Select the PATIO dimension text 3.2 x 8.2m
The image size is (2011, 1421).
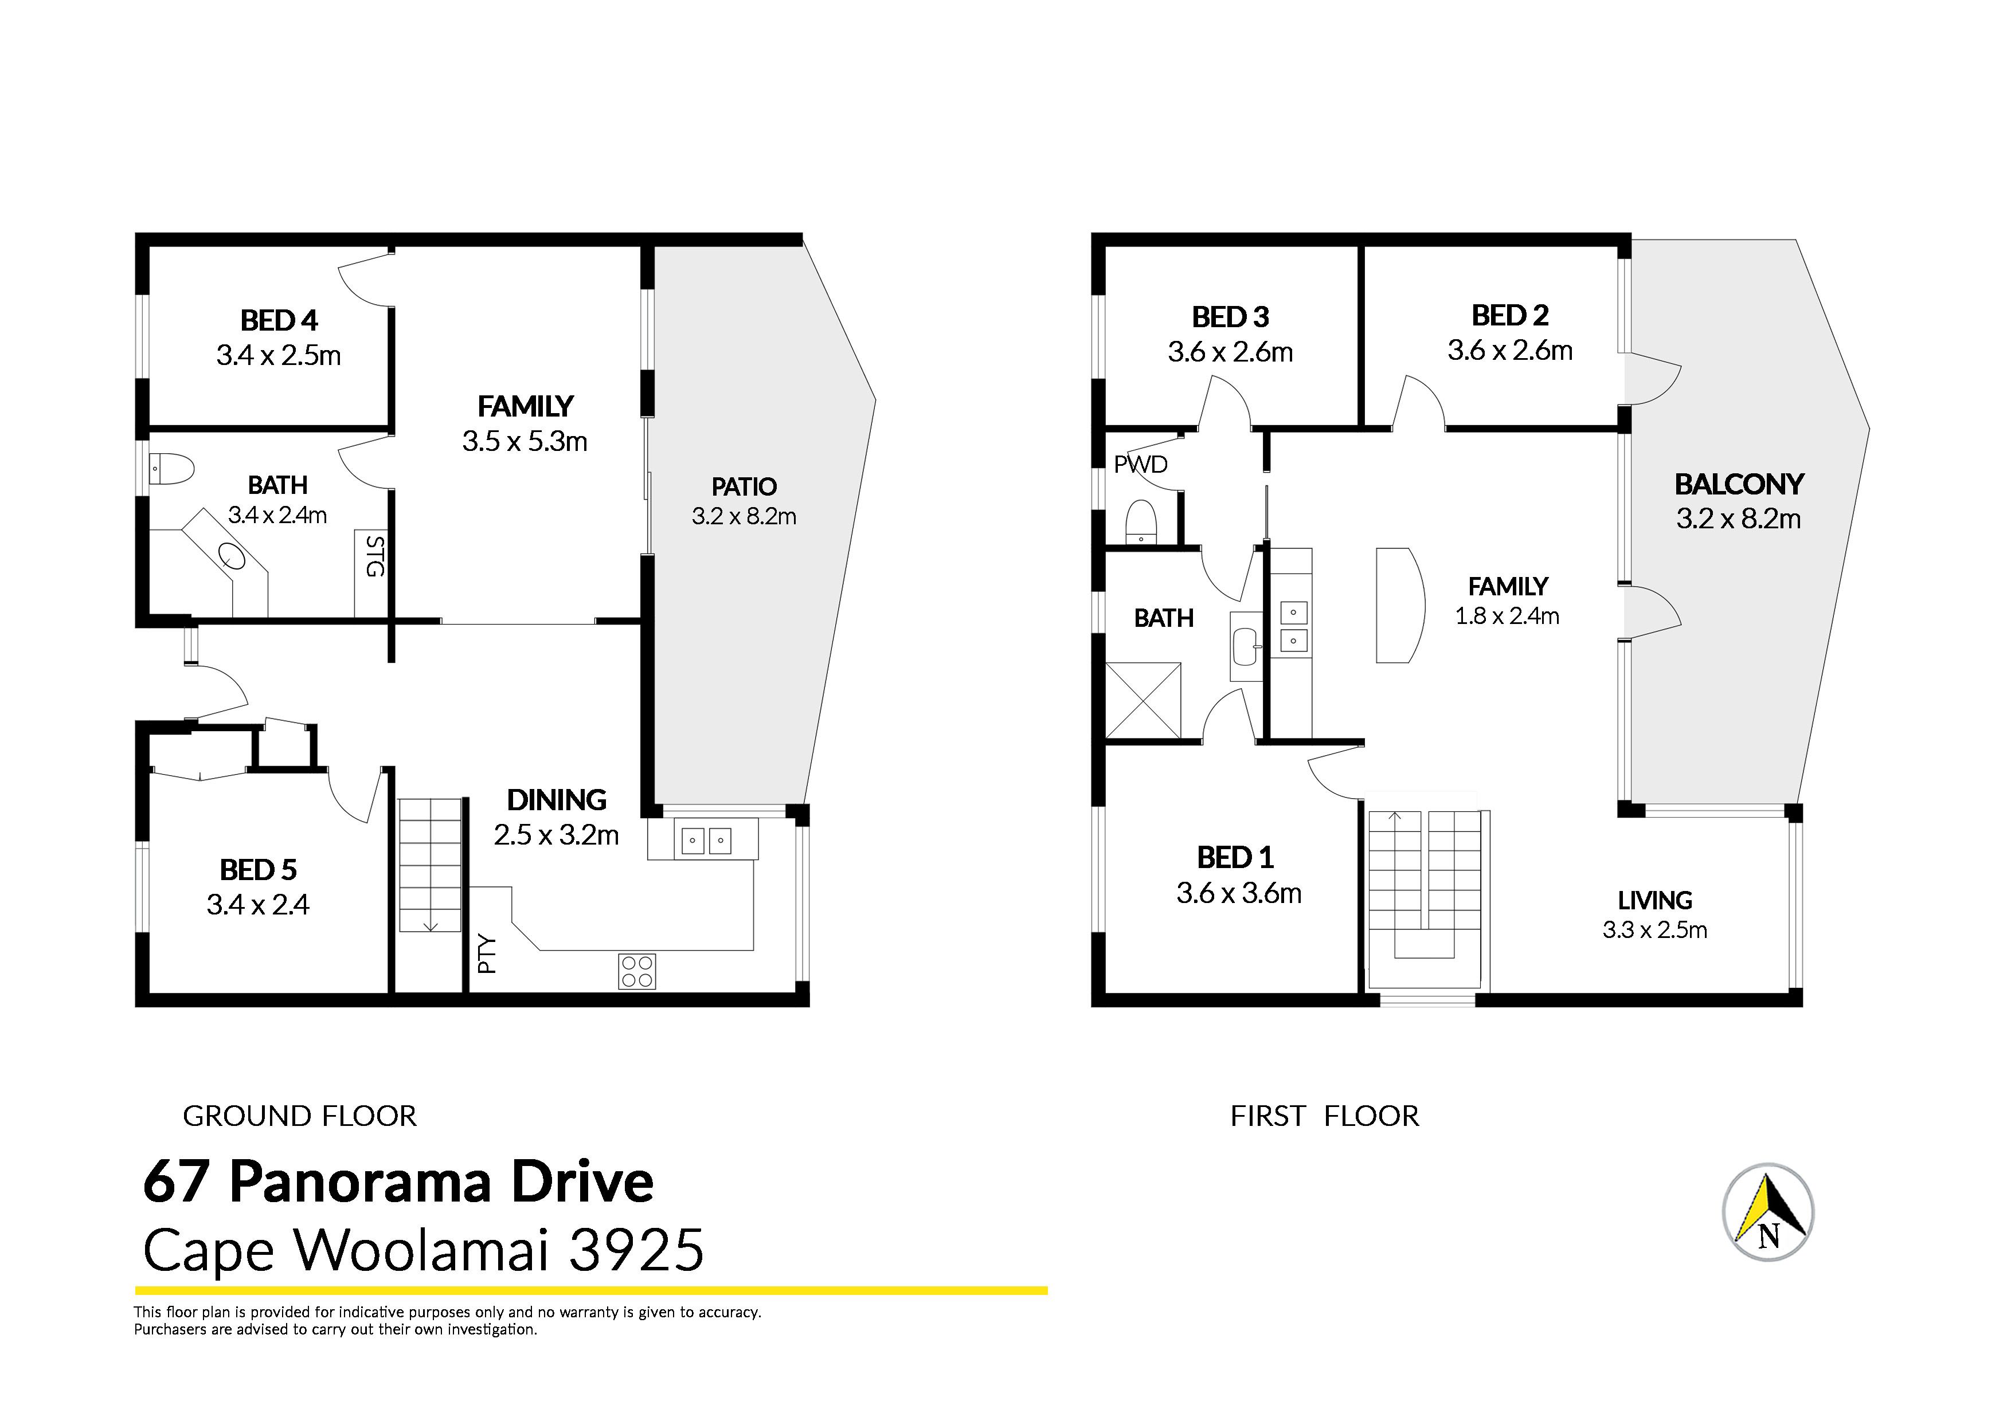pos(744,517)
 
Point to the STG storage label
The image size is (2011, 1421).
pos(374,556)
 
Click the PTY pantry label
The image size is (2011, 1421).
pos(487,955)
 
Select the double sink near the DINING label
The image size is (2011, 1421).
pos(705,841)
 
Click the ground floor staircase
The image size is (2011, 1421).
pos(430,865)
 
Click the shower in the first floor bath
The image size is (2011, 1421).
pos(1143,700)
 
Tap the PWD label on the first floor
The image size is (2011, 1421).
pos(1140,464)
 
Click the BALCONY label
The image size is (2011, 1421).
pos(1739,484)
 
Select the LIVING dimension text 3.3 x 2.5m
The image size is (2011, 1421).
pos(1654,930)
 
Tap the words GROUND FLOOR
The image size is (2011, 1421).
pos(300,1116)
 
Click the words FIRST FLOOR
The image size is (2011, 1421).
pos(1324,1116)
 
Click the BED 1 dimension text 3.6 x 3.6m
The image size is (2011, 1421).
pos(1238,893)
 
